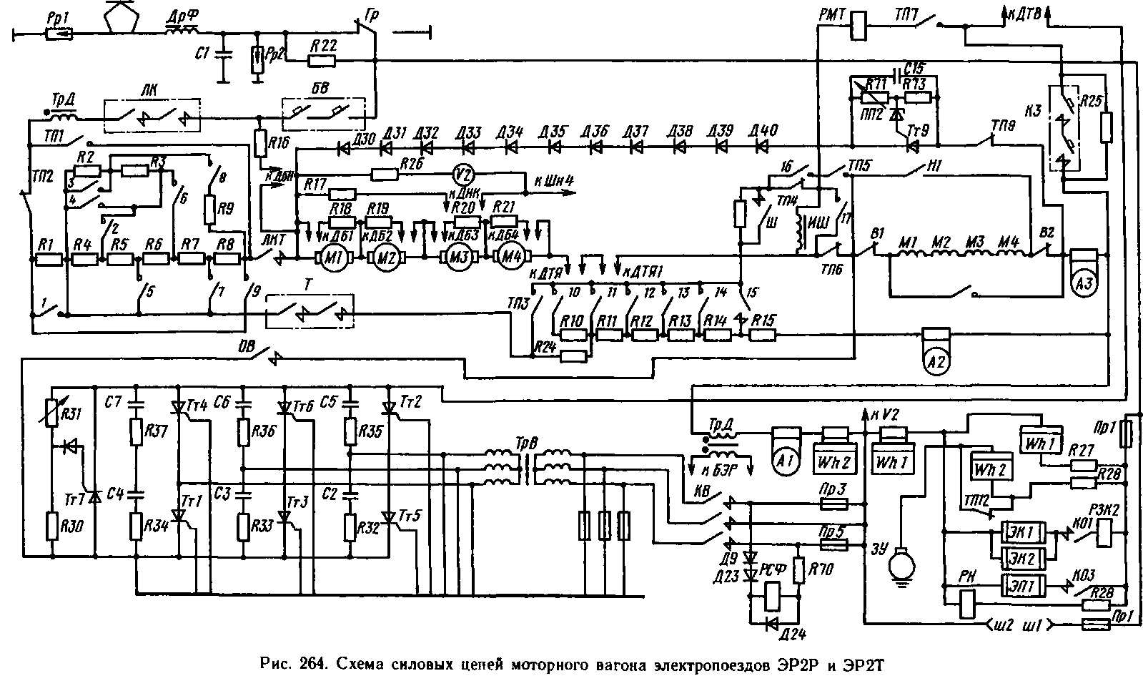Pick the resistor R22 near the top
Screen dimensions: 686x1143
point(325,62)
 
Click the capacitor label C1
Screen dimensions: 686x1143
point(202,54)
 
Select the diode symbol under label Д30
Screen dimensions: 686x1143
point(345,150)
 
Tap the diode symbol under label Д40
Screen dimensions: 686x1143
point(762,148)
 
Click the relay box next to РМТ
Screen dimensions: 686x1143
point(858,26)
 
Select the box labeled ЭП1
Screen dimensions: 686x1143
point(1024,584)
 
